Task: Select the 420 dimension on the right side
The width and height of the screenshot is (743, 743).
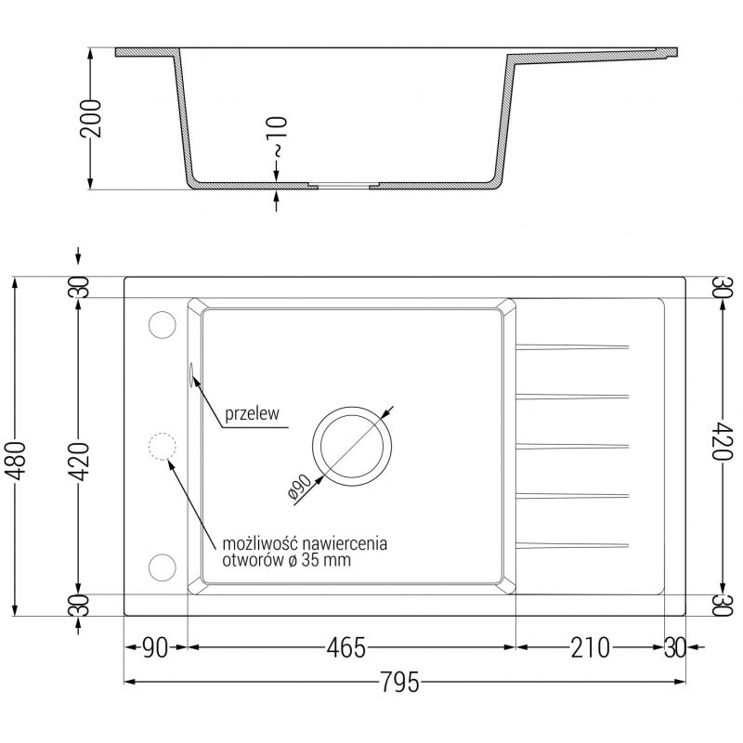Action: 724,446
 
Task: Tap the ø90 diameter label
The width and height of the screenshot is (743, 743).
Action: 305,486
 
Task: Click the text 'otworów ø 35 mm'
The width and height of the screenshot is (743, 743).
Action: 287,560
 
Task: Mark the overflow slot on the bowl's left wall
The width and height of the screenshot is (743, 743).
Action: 190,373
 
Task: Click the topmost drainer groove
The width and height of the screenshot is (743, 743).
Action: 571,347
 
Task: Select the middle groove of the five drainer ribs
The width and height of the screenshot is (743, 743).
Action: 571,445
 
